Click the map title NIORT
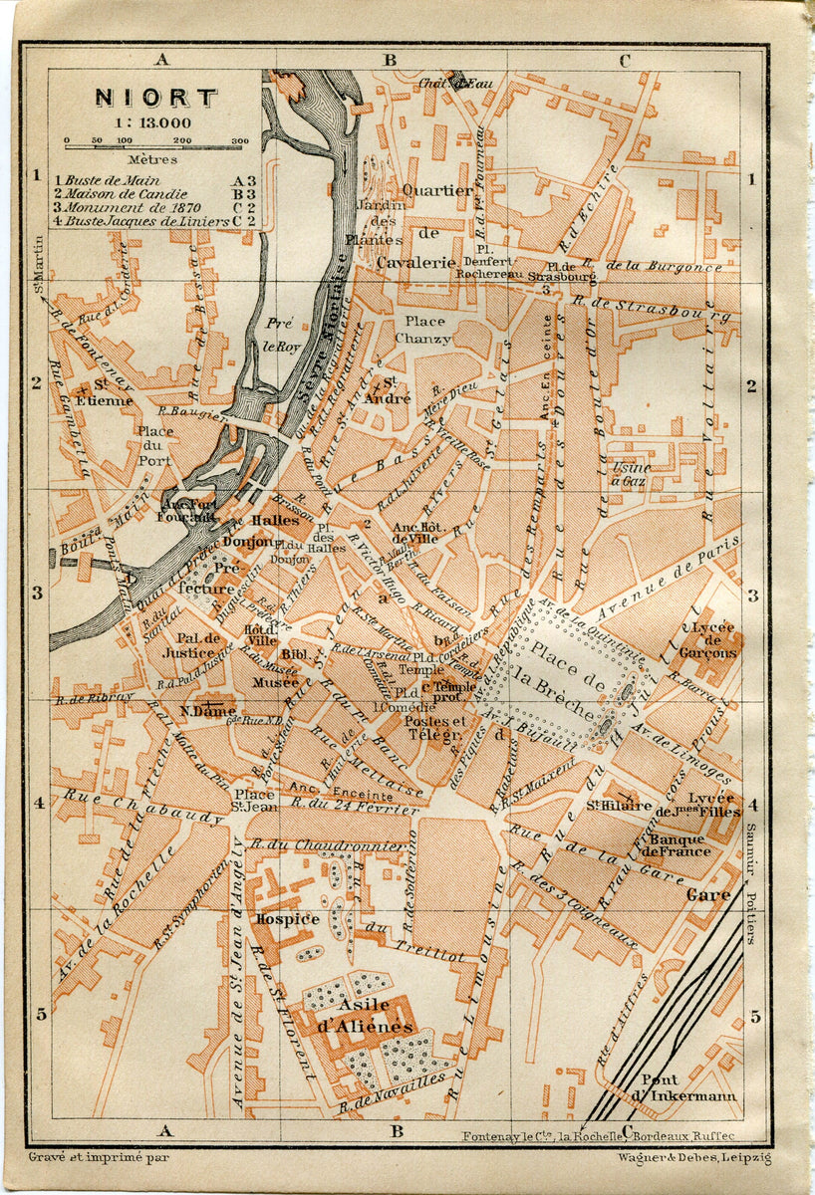coord(155,98)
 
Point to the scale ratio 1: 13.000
coord(156,122)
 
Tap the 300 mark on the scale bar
coord(240,141)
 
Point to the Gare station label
coord(707,895)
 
